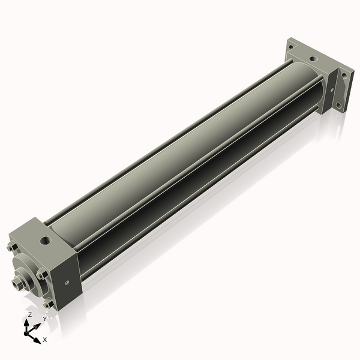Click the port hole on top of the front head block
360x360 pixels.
[46, 242]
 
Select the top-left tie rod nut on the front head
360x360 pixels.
[11, 247]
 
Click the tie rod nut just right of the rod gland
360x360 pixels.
[41, 275]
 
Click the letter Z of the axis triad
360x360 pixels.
[29, 314]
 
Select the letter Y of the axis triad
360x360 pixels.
[44, 319]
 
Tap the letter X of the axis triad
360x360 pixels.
[45, 340]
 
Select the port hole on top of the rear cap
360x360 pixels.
[312, 59]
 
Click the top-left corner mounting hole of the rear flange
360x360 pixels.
[292, 46]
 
